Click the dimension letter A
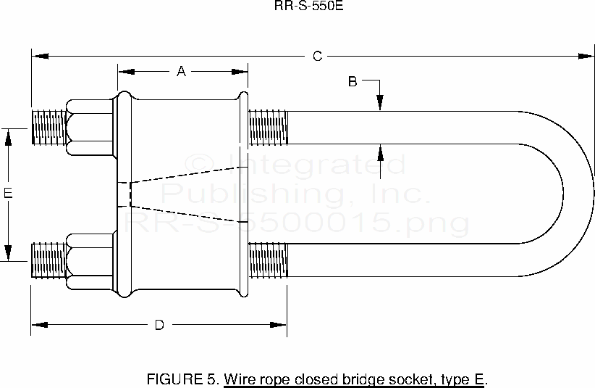tap(182, 71)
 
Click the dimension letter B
tap(353, 81)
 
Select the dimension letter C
tap(317, 56)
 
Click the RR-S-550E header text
tap(297, 7)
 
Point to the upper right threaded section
tap(269, 127)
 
